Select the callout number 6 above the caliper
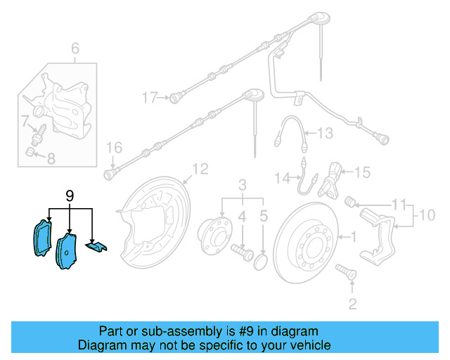point(76,49)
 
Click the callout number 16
point(114,148)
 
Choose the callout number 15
point(361,172)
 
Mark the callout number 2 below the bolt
point(352,304)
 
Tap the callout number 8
point(50,159)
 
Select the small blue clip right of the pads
point(95,245)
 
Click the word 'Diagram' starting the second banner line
point(103,345)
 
